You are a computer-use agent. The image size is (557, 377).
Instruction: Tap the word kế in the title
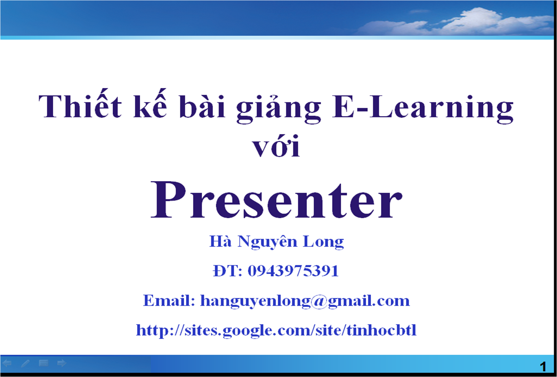[150, 104]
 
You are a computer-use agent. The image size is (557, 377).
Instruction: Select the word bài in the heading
[202, 106]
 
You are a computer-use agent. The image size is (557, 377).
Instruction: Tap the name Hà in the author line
[220, 241]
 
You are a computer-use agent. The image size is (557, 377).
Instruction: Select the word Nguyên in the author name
[267, 242]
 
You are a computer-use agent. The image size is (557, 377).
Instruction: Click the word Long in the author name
[323, 242]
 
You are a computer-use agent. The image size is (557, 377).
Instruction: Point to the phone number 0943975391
[293, 271]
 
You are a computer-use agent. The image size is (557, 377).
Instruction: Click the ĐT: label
[227, 271]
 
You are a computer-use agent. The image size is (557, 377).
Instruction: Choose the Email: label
[169, 301]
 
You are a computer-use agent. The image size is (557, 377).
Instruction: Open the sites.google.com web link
[276, 330]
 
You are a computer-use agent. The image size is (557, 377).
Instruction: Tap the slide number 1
[543, 367]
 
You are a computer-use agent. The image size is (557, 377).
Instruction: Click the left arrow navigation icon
[7, 363]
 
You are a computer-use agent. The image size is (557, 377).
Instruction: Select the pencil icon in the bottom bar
[25, 363]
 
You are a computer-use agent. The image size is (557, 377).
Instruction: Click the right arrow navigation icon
[62, 363]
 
